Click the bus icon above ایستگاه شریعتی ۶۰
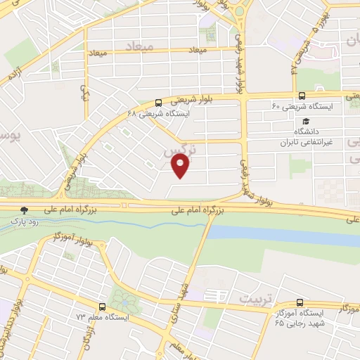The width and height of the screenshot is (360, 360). pos(302,96)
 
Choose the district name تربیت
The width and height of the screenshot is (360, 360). pos(254,299)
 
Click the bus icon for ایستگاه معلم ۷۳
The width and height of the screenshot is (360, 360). pos(103,307)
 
